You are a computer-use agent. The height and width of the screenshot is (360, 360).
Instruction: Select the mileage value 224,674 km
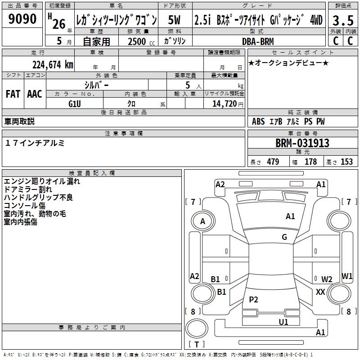[53, 64]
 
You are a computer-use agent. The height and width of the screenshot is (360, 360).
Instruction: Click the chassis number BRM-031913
[302, 143]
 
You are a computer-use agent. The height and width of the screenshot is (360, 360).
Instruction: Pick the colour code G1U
[75, 103]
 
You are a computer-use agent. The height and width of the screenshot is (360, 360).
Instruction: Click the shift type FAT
[13, 94]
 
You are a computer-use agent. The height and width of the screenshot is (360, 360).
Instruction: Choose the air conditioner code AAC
[35, 94]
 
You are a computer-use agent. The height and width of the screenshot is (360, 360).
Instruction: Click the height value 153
[346, 162]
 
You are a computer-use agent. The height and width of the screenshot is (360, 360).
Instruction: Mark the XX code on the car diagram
[320, 292]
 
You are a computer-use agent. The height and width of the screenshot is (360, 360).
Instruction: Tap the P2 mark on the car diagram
[254, 300]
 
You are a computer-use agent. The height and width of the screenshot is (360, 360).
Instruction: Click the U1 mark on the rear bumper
[283, 322]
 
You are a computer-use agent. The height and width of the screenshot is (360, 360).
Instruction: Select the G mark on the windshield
[284, 237]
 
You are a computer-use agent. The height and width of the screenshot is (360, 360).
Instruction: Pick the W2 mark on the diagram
[327, 279]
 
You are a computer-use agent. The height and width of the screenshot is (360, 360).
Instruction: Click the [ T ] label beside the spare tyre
[197, 344]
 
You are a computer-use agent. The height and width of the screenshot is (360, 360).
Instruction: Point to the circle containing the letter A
[202, 221]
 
